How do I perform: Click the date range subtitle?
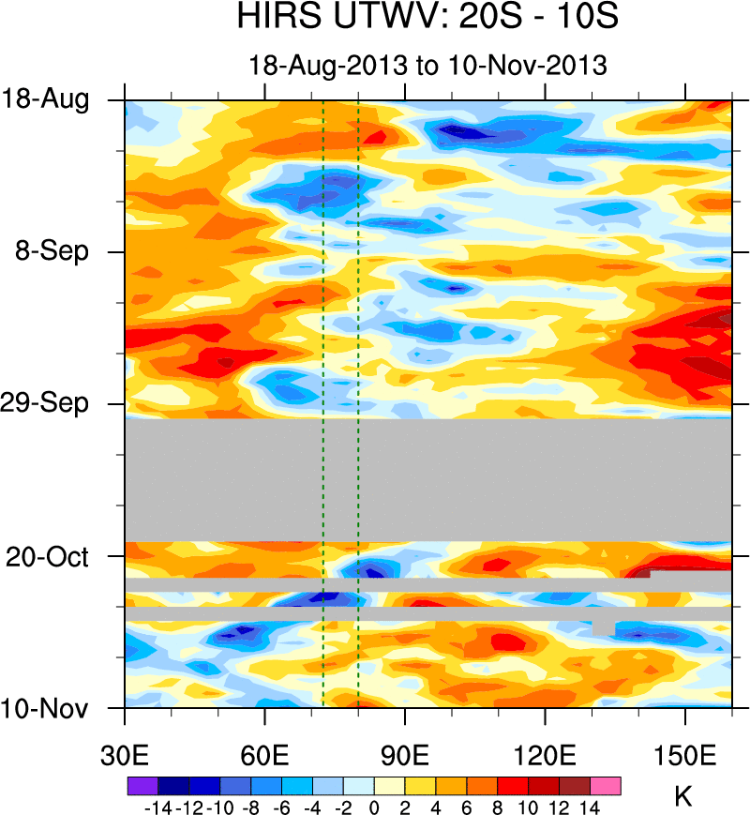pos(427,66)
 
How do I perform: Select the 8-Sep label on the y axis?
pos(52,251)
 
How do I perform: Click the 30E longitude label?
pos(125,756)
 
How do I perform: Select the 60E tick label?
pos(265,756)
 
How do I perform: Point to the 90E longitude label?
pos(405,756)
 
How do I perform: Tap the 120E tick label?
pos(546,756)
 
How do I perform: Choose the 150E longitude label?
pos(685,756)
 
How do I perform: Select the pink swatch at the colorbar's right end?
pos(606,785)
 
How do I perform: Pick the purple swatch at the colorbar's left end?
pos(142,785)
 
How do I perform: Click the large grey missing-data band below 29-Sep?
pos(427,479)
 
